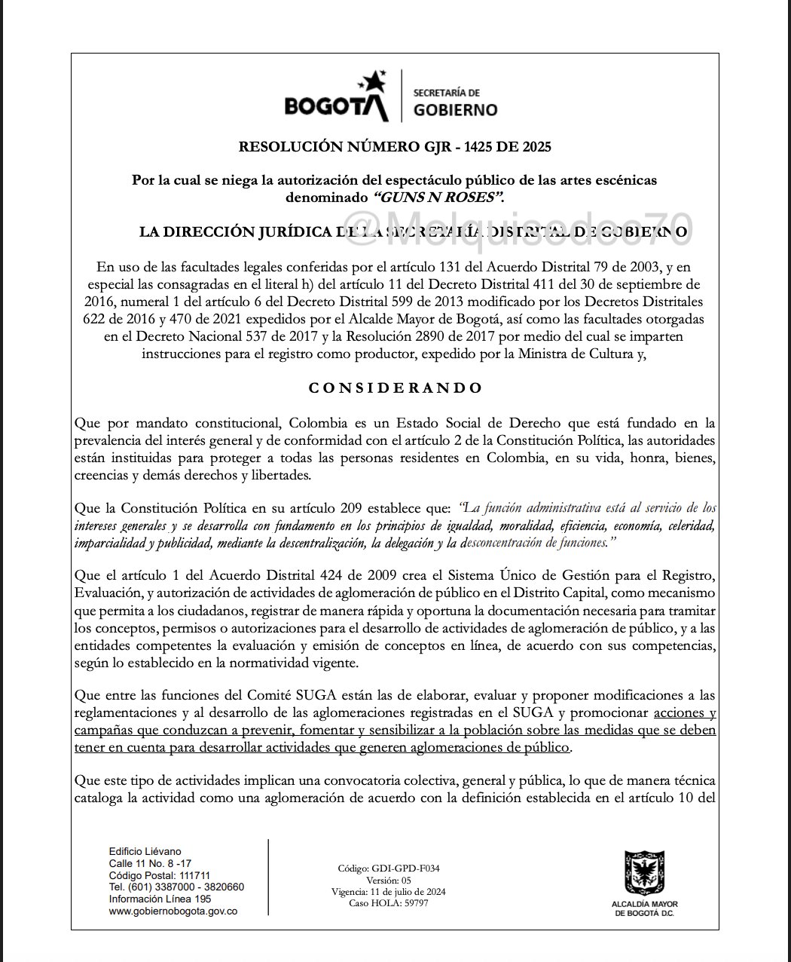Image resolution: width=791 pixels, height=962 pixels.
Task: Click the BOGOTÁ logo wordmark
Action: point(336,106)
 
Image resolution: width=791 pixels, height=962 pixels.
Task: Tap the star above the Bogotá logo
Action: point(374,81)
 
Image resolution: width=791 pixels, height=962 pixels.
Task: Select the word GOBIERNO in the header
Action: point(456,110)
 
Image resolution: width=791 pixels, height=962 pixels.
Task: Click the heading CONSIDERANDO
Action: point(395,388)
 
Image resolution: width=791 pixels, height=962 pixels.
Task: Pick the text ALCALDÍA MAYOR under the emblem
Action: point(645,904)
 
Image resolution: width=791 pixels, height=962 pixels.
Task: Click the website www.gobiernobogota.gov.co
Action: point(173,911)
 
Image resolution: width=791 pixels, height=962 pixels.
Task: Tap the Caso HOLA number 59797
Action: point(414,902)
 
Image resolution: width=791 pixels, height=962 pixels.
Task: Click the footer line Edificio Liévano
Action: point(145,851)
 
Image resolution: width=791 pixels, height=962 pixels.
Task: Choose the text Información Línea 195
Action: point(160,899)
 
